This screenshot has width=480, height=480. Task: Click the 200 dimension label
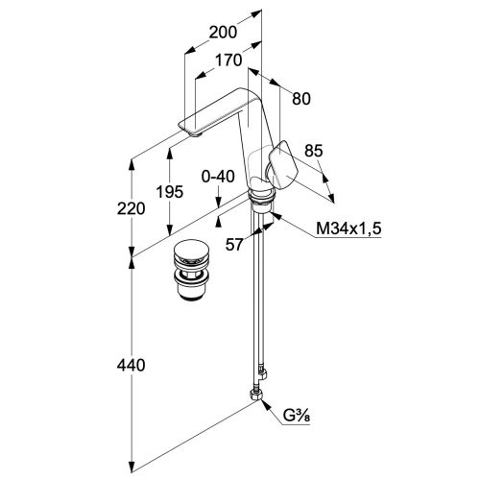click(223, 33)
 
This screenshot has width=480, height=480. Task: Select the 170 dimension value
click(228, 60)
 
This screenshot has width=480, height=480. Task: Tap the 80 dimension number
click(301, 99)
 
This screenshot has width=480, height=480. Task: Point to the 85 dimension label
click(314, 151)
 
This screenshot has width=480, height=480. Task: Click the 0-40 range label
click(218, 177)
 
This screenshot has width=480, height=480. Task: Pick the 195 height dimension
click(170, 192)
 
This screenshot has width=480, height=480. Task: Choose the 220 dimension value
click(131, 208)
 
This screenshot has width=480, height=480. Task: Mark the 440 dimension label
click(131, 365)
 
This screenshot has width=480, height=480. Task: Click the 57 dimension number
click(234, 245)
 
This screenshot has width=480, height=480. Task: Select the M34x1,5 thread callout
click(348, 229)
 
